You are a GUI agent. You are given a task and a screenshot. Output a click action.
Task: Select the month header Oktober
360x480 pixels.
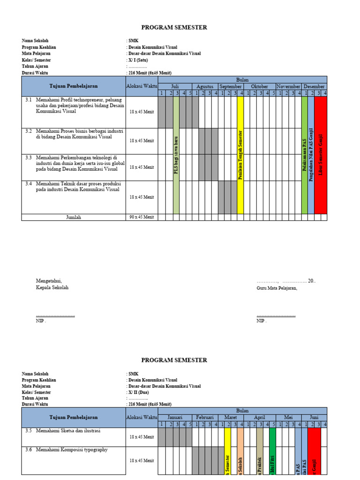(259, 87)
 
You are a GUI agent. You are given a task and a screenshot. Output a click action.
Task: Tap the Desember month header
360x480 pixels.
(314, 87)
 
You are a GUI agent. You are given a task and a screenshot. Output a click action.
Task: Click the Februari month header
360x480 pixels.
(205, 417)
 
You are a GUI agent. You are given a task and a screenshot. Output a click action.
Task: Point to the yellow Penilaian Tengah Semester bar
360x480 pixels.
(240, 155)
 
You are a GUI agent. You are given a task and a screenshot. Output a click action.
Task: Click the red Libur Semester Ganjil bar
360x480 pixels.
(321, 155)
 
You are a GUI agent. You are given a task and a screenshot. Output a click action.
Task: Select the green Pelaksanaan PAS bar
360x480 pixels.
(304, 155)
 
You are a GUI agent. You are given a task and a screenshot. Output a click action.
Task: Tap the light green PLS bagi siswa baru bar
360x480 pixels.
(176, 155)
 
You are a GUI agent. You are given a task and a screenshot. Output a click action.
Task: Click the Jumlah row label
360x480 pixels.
(74, 217)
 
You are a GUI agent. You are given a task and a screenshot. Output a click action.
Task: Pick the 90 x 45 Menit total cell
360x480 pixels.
(142, 217)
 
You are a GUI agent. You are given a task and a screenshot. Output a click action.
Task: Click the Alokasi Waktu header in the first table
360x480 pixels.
(142, 87)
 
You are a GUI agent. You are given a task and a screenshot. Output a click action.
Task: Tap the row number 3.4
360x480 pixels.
(29, 184)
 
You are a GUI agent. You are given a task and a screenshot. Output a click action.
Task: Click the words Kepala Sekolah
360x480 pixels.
(52, 287)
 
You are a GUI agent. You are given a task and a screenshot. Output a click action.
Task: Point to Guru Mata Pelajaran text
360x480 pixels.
(277, 288)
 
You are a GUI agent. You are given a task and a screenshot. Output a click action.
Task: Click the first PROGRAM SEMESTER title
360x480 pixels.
(174, 28)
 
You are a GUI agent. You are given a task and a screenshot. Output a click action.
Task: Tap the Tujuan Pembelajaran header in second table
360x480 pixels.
(74, 417)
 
